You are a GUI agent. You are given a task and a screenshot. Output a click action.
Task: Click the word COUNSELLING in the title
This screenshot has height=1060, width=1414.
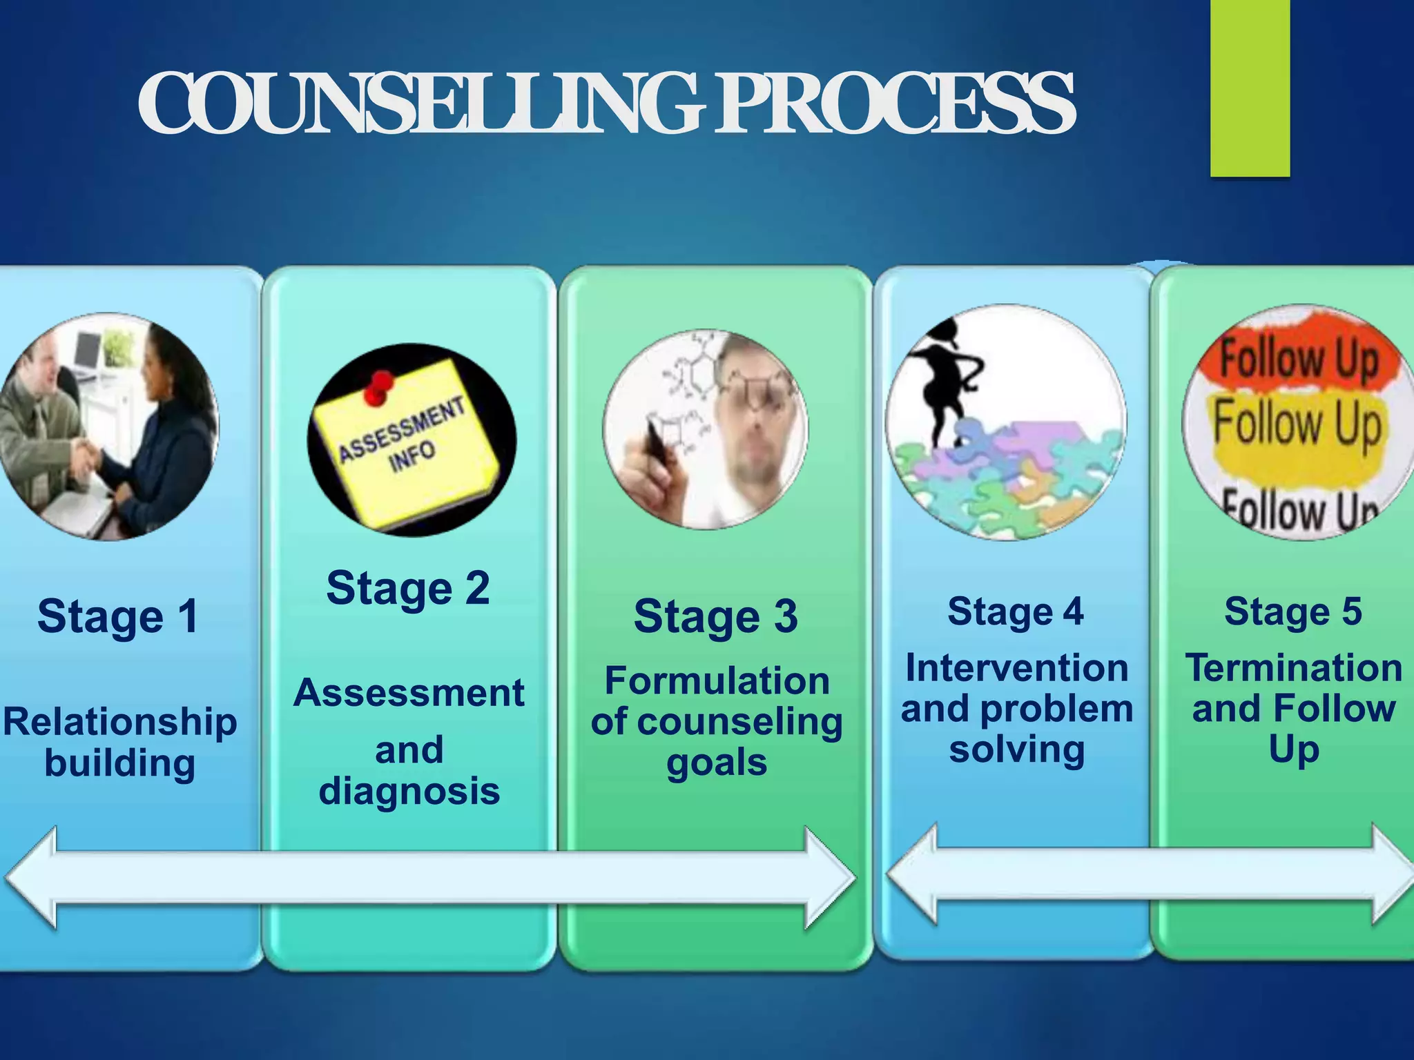(421, 104)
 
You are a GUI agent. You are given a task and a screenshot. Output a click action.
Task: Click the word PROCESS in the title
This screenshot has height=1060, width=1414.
(894, 104)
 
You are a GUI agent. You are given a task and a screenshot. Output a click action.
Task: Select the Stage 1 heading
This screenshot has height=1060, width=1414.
(118, 616)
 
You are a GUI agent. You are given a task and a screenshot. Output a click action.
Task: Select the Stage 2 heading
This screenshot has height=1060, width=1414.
(408, 589)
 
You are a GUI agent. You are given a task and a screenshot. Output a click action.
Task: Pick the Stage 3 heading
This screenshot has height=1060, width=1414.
(716, 616)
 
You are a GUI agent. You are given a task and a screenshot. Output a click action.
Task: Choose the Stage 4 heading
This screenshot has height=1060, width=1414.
(1016, 612)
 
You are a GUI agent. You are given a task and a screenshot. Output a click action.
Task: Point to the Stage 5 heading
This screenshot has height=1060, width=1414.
(1293, 612)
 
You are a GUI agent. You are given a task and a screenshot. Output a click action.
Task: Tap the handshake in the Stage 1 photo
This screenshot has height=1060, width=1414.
(86, 455)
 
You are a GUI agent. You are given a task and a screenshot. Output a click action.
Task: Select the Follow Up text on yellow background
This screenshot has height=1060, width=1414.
(1298, 424)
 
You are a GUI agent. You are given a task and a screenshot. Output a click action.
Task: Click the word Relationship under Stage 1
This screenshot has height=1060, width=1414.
(120, 722)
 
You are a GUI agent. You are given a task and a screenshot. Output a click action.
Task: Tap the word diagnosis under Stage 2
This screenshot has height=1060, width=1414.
(409, 792)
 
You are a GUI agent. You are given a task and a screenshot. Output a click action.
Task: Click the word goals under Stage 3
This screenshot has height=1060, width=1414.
(717, 763)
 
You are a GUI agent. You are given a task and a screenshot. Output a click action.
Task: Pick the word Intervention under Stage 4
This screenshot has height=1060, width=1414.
(1016, 668)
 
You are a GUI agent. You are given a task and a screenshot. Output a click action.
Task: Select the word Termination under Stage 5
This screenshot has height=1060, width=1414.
(1294, 668)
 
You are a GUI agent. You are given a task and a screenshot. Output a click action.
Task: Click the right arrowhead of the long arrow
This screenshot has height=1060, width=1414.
(829, 878)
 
